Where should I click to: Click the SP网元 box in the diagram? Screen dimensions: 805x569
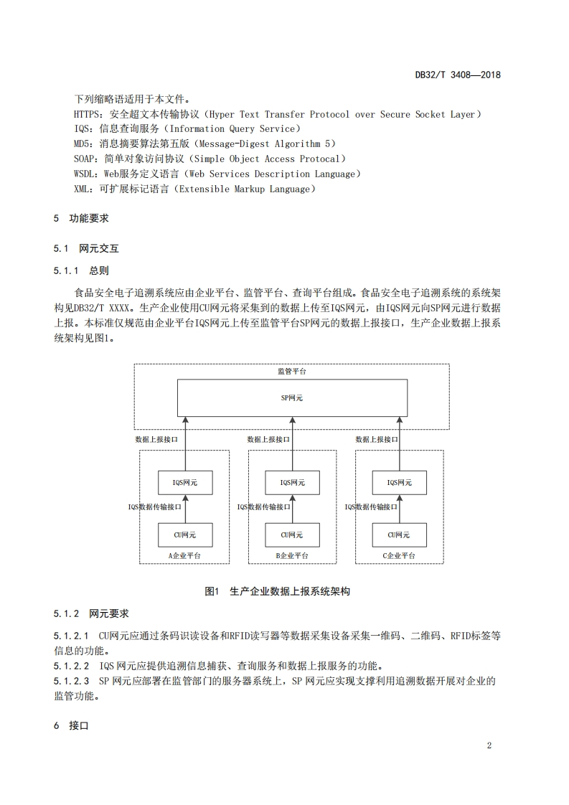[x=291, y=397]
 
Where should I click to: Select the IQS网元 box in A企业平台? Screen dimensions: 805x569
[x=184, y=483]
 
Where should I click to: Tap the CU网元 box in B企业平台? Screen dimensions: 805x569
[x=292, y=535]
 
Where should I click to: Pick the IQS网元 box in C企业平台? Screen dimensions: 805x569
[x=400, y=483]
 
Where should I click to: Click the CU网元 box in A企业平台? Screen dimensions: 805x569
[x=184, y=535]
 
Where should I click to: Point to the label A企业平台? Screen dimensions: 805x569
[x=184, y=556]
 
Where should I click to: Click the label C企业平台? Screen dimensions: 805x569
[x=400, y=556]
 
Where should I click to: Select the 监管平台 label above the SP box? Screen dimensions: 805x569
[x=291, y=372]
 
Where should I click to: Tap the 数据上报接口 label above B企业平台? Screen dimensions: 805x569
[x=268, y=439]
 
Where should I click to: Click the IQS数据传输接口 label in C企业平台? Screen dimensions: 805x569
[x=371, y=507]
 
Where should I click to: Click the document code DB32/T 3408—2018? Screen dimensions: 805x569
[x=458, y=75]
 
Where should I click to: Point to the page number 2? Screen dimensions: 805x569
[x=489, y=745]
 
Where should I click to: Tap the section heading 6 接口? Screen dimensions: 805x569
[x=70, y=726]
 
